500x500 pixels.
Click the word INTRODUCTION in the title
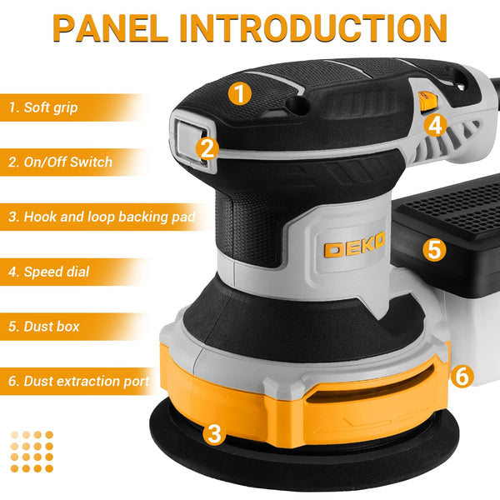[x=314, y=28]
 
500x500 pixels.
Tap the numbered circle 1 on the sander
[x=240, y=93]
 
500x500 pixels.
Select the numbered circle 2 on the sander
[x=208, y=148]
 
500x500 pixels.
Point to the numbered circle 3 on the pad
[x=215, y=433]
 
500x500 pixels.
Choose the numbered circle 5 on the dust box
[x=433, y=249]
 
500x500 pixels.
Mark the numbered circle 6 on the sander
[x=463, y=376]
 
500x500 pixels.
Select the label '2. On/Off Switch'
[x=61, y=162]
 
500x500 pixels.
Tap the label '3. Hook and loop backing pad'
[x=102, y=217]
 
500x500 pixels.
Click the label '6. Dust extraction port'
[x=80, y=381]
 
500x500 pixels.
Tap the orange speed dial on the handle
[x=427, y=101]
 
